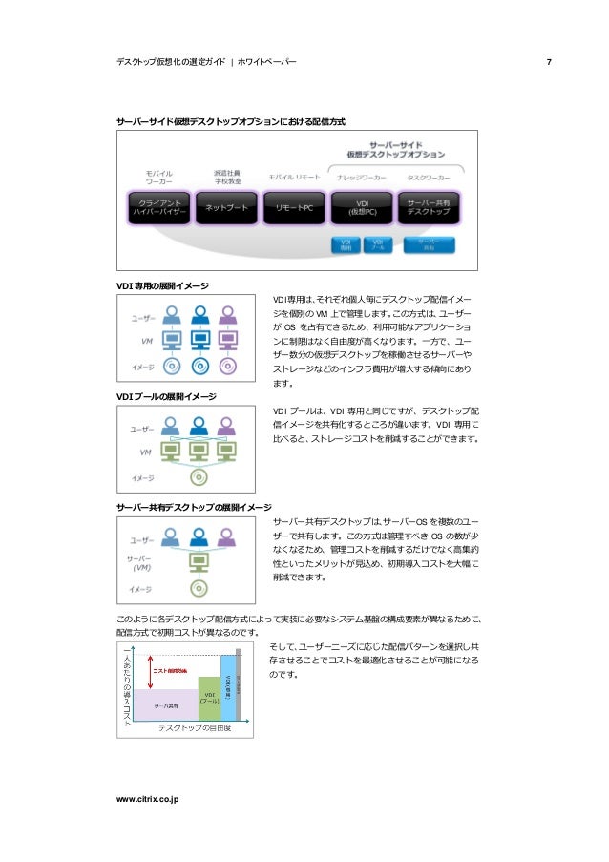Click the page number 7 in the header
[x=548, y=63]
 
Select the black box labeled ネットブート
[x=226, y=208]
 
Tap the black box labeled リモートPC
[x=295, y=208]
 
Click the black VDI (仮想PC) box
[x=363, y=208]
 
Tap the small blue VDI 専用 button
[x=346, y=244]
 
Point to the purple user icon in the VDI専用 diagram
[x=228, y=315]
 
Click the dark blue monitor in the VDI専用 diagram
[x=200, y=339]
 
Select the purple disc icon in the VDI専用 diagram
[x=228, y=365]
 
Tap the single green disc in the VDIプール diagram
[x=199, y=476]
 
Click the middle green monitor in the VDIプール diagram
[x=199, y=451]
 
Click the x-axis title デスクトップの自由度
[x=195, y=728]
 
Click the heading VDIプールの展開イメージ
[x=165, y=396]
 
